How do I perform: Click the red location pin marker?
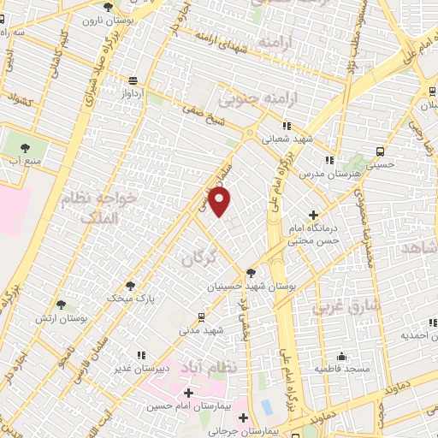(x=221, y=203)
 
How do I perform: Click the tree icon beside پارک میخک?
(x=130, y=286)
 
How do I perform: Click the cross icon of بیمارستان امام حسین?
(x=187, y=392)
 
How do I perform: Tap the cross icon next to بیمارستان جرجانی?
(x=244, y=418)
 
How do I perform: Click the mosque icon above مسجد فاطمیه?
(x=341, y=357)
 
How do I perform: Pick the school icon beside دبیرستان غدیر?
(x=141, y=354)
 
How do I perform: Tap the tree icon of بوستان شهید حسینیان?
(x=250, y=273)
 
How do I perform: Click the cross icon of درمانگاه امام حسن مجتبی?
(x=313, y=215)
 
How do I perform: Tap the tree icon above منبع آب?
(x=22, y=143)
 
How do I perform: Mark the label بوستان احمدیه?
(x=416, y=334)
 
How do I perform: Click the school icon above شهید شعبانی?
(x=287, y=125)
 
